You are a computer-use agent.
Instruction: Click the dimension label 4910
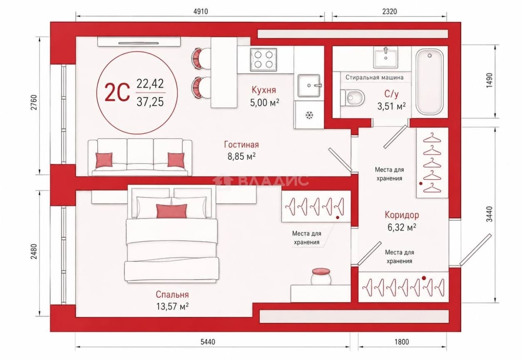tap(201, 11)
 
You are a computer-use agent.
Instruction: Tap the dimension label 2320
tap(389, 11)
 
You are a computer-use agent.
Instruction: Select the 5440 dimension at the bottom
tap(208, 342)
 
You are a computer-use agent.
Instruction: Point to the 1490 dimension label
tap(489, 80)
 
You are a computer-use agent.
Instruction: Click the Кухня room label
tap(264, 90)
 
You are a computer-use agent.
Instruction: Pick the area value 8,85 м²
tap(241, 156)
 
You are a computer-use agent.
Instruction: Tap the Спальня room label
tap(172, 295)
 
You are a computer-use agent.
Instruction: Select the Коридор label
tap(402, 215)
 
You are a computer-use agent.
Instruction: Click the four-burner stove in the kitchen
tap(263, 60)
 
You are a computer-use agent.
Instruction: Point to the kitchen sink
tap(309, 85)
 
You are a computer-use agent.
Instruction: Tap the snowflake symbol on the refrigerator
tap(310, 115)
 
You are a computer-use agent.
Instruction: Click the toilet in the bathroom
tap(352, 98)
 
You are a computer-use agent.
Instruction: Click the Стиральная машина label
tap(375, 77)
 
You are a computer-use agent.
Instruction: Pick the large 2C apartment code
tap(117, 92)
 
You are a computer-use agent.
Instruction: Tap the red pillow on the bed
tap(172, 211)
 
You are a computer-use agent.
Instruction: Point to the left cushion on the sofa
tap(104, 160)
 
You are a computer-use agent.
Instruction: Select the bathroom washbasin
tap(386, 57)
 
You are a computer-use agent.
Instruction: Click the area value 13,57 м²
tap(172, 306)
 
